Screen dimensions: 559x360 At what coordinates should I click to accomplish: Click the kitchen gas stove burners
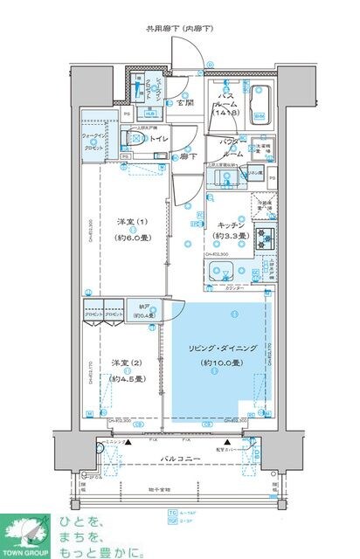[x=266, y=235]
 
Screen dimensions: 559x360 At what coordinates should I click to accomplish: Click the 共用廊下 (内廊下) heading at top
[x=181, y=29]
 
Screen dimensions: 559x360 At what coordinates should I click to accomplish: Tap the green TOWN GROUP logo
[x=28, y=534]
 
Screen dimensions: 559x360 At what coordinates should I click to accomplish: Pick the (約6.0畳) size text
[x=129, y=235]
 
